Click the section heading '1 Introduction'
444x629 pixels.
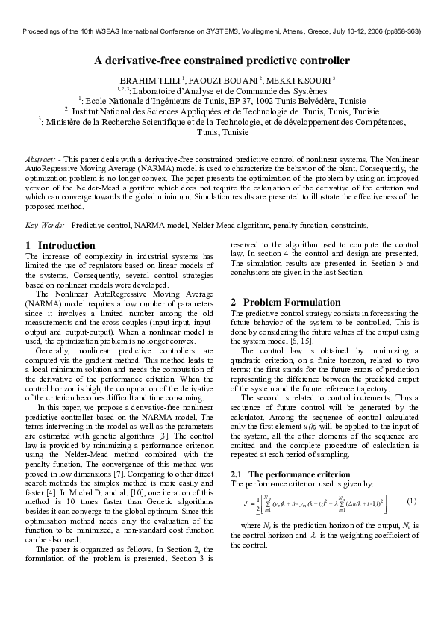(x=50, y=245)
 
